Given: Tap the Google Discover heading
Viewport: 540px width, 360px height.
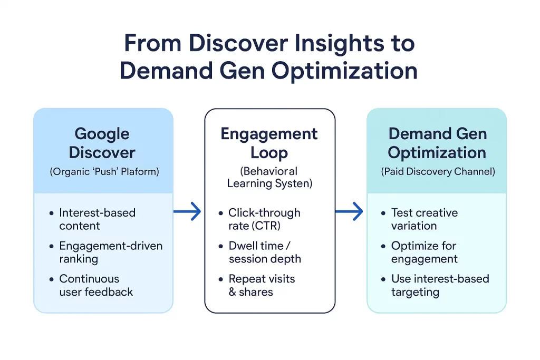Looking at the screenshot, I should (102, 143).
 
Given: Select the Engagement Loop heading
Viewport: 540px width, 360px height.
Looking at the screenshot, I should (269, 143).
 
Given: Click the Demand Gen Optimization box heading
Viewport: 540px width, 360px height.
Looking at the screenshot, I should (437, 143).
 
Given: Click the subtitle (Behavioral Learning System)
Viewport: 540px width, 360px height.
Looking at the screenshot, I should (269, 177).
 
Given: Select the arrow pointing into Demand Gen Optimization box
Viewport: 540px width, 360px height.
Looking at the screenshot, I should (350, 212).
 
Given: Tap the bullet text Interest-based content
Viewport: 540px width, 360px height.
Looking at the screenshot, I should (97, 219).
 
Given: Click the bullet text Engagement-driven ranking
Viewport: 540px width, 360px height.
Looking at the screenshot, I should (111, 252).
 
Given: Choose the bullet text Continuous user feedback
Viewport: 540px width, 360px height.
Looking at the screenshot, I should (96, 285).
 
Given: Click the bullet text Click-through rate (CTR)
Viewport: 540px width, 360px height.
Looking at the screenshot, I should (264, 219).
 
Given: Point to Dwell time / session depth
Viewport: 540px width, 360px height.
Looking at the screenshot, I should (265, 252).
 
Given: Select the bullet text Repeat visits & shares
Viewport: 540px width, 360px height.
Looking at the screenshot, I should (262, 285).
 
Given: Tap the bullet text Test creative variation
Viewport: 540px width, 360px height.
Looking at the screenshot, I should (424, 219).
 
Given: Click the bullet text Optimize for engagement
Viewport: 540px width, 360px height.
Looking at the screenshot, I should (424, 252).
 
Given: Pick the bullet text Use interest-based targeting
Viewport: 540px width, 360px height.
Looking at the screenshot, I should (440, 285).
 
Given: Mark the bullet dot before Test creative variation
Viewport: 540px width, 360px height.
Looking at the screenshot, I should (383, 213).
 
